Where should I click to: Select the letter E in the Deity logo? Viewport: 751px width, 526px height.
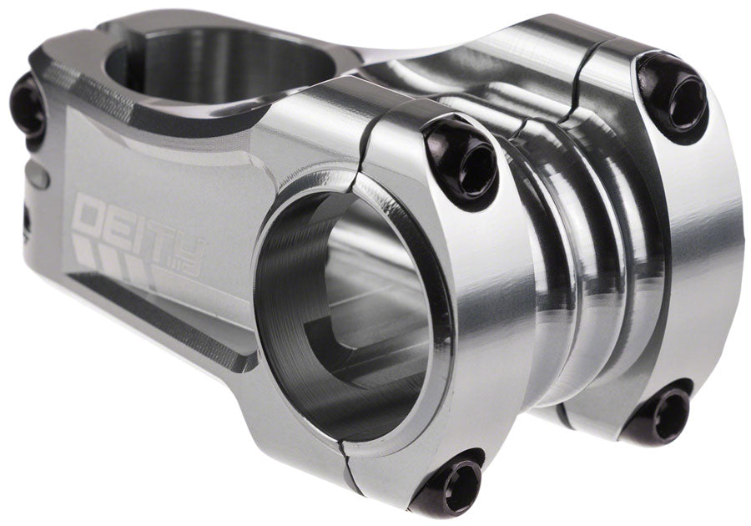point(119,223)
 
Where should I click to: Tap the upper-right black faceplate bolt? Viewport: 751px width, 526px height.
point(673,94)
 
